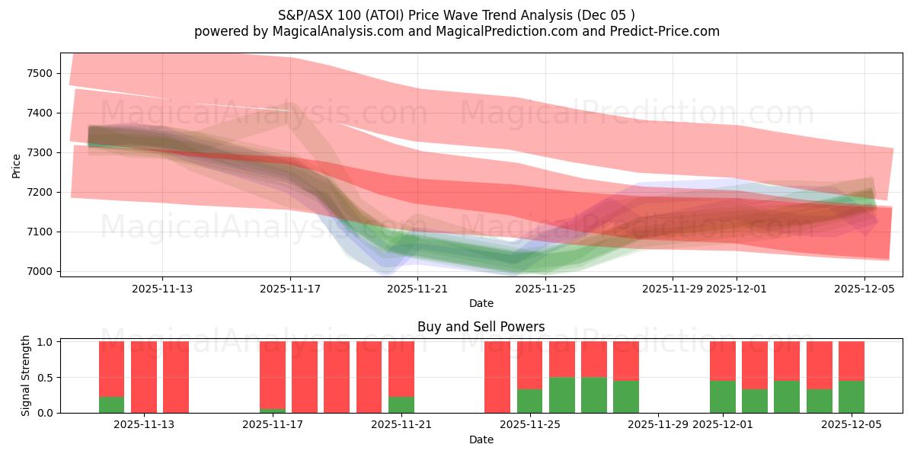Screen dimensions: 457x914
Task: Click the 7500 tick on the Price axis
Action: [x=42, y=73]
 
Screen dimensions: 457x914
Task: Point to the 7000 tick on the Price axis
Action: [x=42, y=271]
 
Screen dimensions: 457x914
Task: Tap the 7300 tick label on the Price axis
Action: [x=42, y=152]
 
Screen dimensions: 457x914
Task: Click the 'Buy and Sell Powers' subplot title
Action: [x=481, y=327]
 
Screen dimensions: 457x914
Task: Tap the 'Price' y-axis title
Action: [x=17, y=165]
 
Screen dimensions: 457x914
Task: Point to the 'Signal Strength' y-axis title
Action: [x=26, y=375]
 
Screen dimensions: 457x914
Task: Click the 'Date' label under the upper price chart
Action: [x=481, y=303]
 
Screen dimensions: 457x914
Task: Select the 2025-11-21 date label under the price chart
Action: [x=418, y=289]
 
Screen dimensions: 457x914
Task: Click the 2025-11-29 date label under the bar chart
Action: [x=658, y=424]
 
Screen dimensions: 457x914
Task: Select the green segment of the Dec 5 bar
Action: [x=851, y=397]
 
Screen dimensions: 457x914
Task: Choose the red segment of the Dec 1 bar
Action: [x=723, y=360]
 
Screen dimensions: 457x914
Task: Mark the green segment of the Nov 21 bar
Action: [x=401, y=404]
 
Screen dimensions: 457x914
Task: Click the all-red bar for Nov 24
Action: [x=497, y=377]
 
